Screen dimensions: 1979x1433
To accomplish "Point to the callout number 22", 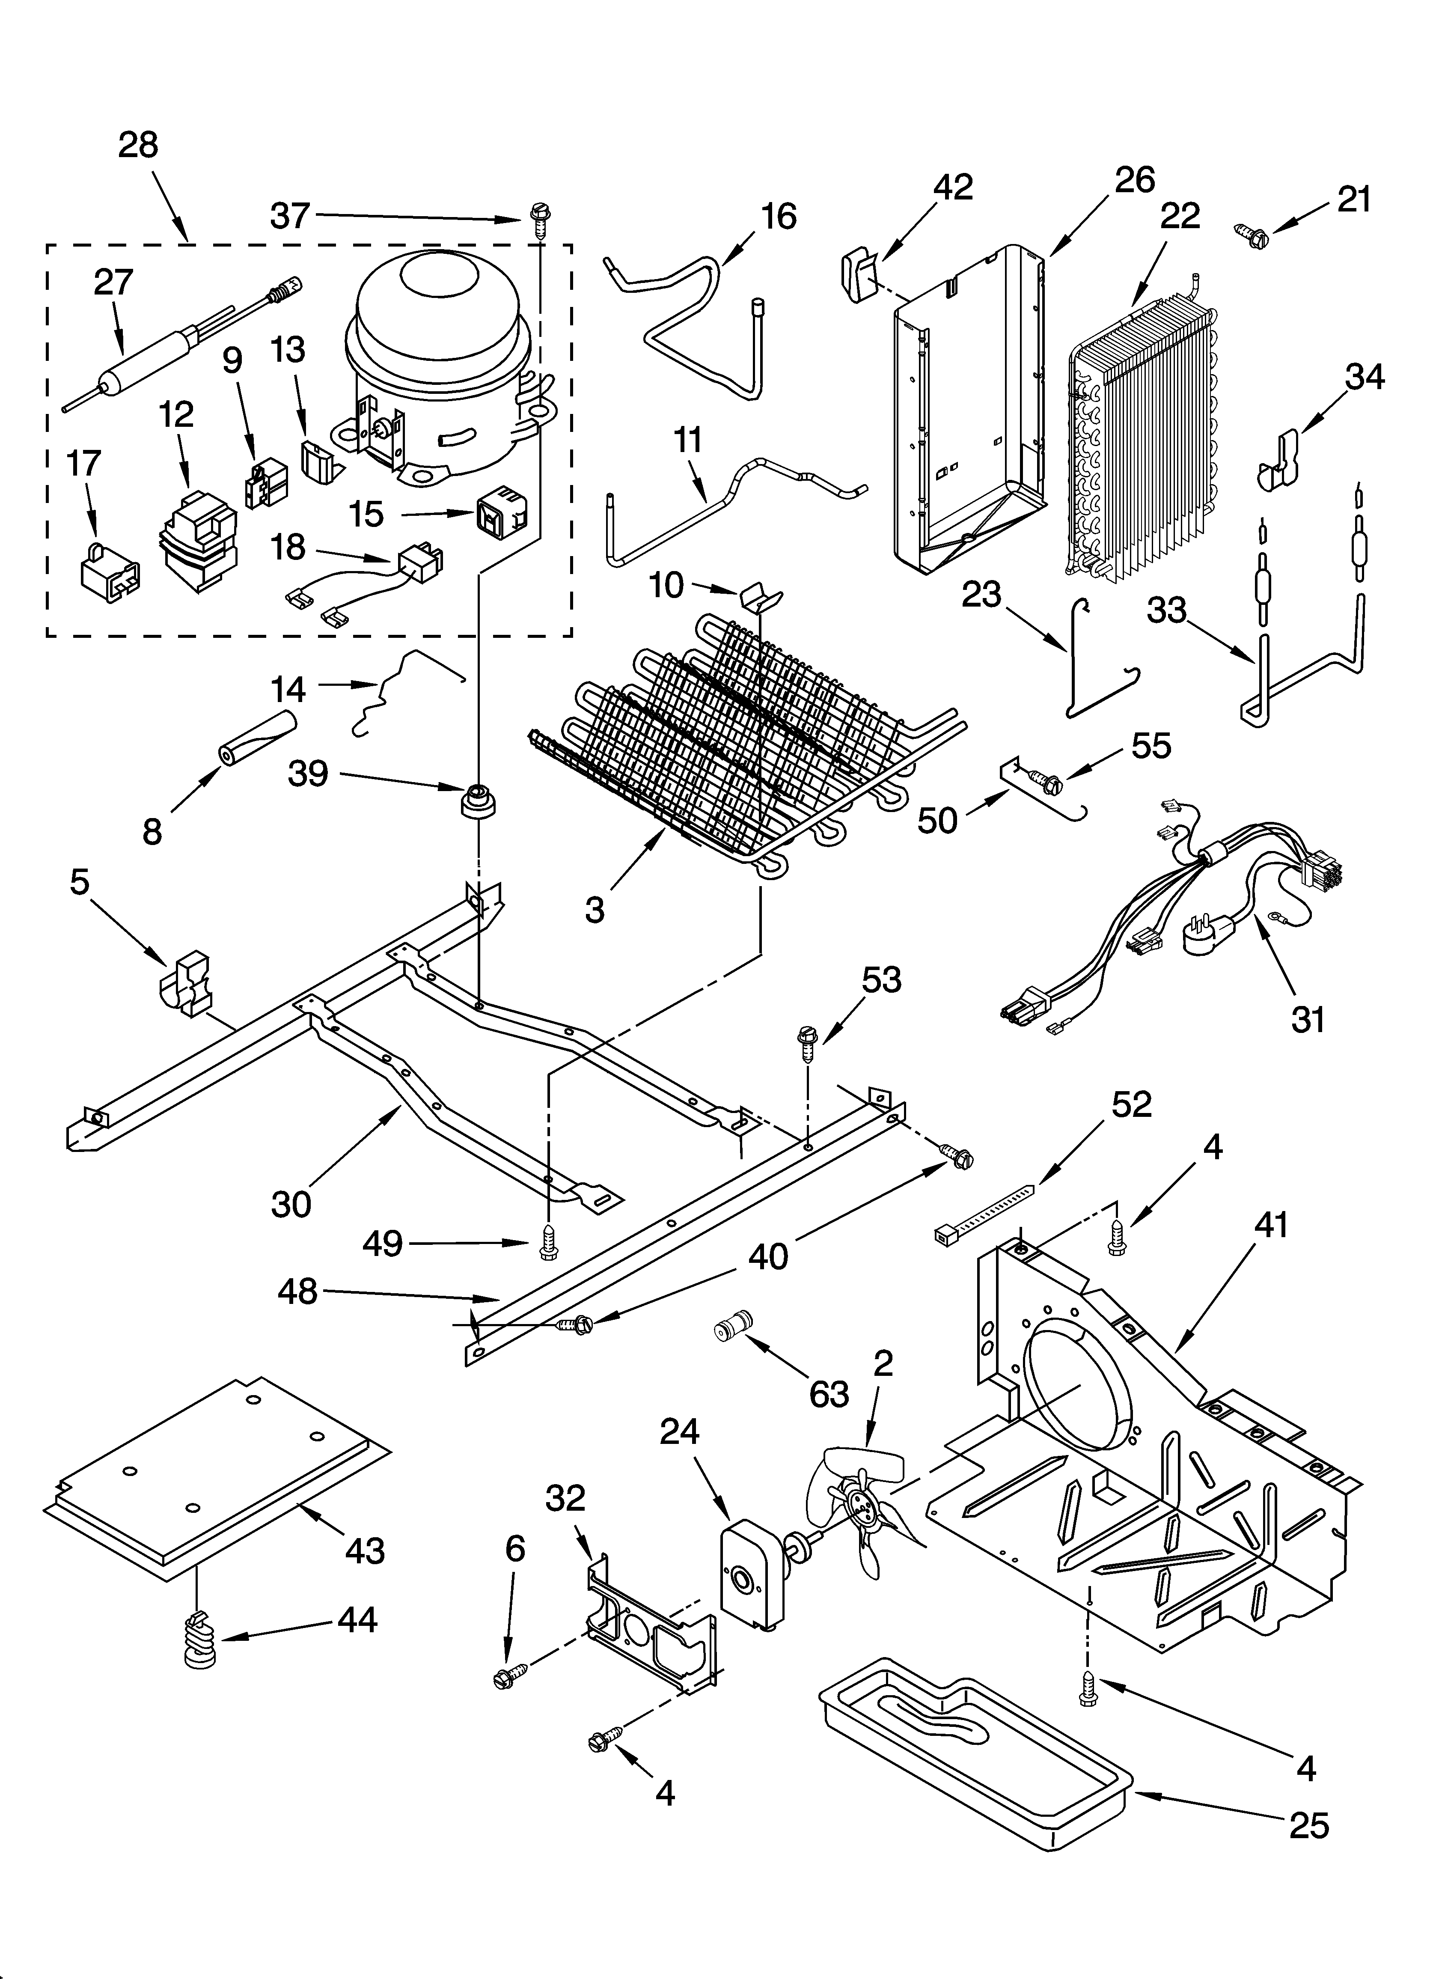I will click(x=1179, y=215).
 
